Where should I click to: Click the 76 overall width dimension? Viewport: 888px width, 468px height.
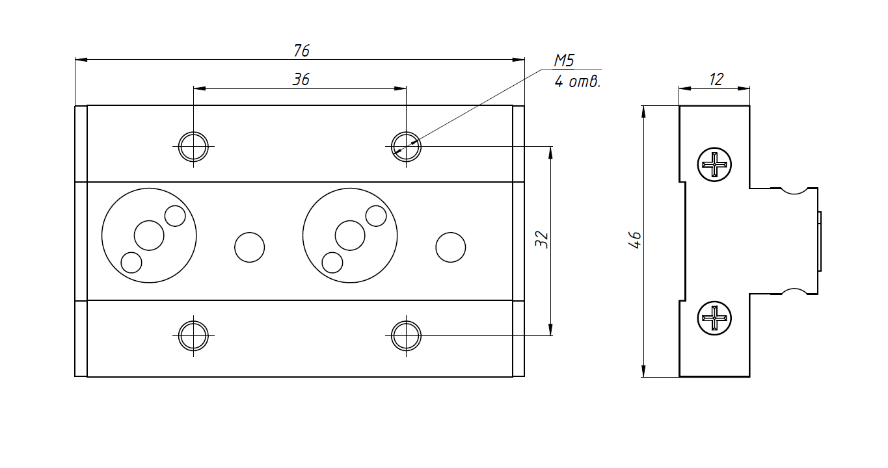(x=301, y=50)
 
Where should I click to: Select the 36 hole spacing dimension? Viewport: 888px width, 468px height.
(x=301, y=79)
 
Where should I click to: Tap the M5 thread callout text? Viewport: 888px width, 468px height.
(x=563, y=61)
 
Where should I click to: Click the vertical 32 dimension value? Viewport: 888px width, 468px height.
(x=542, y=240)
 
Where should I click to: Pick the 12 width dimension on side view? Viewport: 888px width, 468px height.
(x=716, y=79)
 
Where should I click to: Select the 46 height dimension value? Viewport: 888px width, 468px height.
(x=635, y=240)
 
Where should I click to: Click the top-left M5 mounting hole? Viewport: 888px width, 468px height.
(x=193, y=146)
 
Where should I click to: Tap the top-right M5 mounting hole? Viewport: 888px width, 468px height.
(x=407, y=146)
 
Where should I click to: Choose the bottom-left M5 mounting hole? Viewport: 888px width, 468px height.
(x=193, y=336)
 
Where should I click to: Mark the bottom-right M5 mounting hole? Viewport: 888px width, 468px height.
(x=407, y=336)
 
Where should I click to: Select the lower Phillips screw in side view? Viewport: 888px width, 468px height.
(x=714, y=318)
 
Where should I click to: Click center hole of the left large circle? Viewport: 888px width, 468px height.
(x=149, y=235)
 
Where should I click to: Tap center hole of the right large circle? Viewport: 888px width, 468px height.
(x=350, y=235)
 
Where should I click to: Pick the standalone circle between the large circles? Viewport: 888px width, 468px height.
(x=249, y=247)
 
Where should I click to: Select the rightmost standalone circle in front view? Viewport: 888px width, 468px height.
(x=450, y=247)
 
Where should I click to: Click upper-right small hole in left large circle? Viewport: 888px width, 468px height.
(x=175, y=216)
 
